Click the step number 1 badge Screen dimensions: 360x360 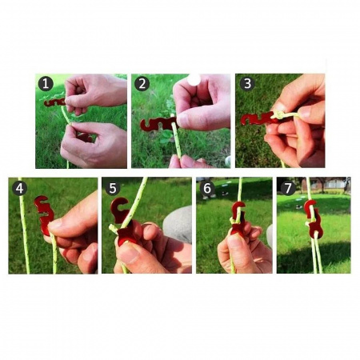click(x=46, y=83)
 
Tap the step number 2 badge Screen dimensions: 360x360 click(x=142, y=84)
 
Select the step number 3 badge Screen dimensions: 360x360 click(x=247, y=83)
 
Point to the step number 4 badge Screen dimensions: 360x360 click(x=19, y=188)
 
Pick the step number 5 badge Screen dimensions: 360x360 click(x=113, y=188)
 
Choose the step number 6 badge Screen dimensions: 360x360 click(x=207, y=188)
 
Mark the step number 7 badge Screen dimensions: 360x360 click(x=288, y=188)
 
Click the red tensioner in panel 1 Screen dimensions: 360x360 click(x=54, y=102)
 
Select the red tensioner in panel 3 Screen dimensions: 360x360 click(x=258, y=119)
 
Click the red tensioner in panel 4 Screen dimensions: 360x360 click(x=44, y=214)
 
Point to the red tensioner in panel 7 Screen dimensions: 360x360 click(x=314, y=219)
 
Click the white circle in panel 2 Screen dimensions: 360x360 click(x=194, y=79)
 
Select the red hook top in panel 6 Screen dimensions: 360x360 click(x=238, y=207)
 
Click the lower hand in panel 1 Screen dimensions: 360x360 click(x=94, y=146)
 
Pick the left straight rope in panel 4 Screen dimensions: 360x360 click(x=24, y=226)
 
